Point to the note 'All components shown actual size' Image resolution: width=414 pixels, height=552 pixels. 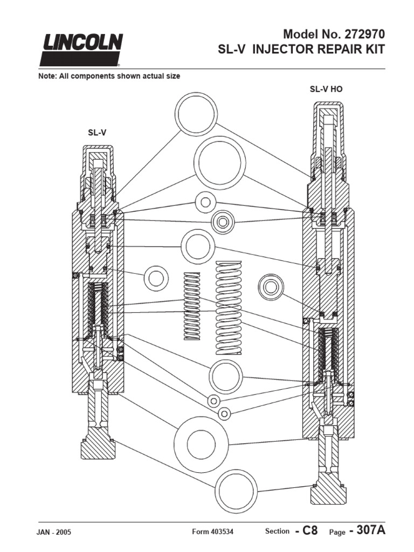[x=108, y=77]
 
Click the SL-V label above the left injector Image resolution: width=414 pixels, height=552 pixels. [x=97, y=132]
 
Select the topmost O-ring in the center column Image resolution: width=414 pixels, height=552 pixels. [x=197, y=114]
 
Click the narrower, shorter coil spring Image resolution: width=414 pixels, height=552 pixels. [x=192, y=305]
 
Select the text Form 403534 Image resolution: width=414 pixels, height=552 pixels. [x=213, y=532]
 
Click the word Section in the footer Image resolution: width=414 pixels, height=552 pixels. [x=277, y=532]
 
